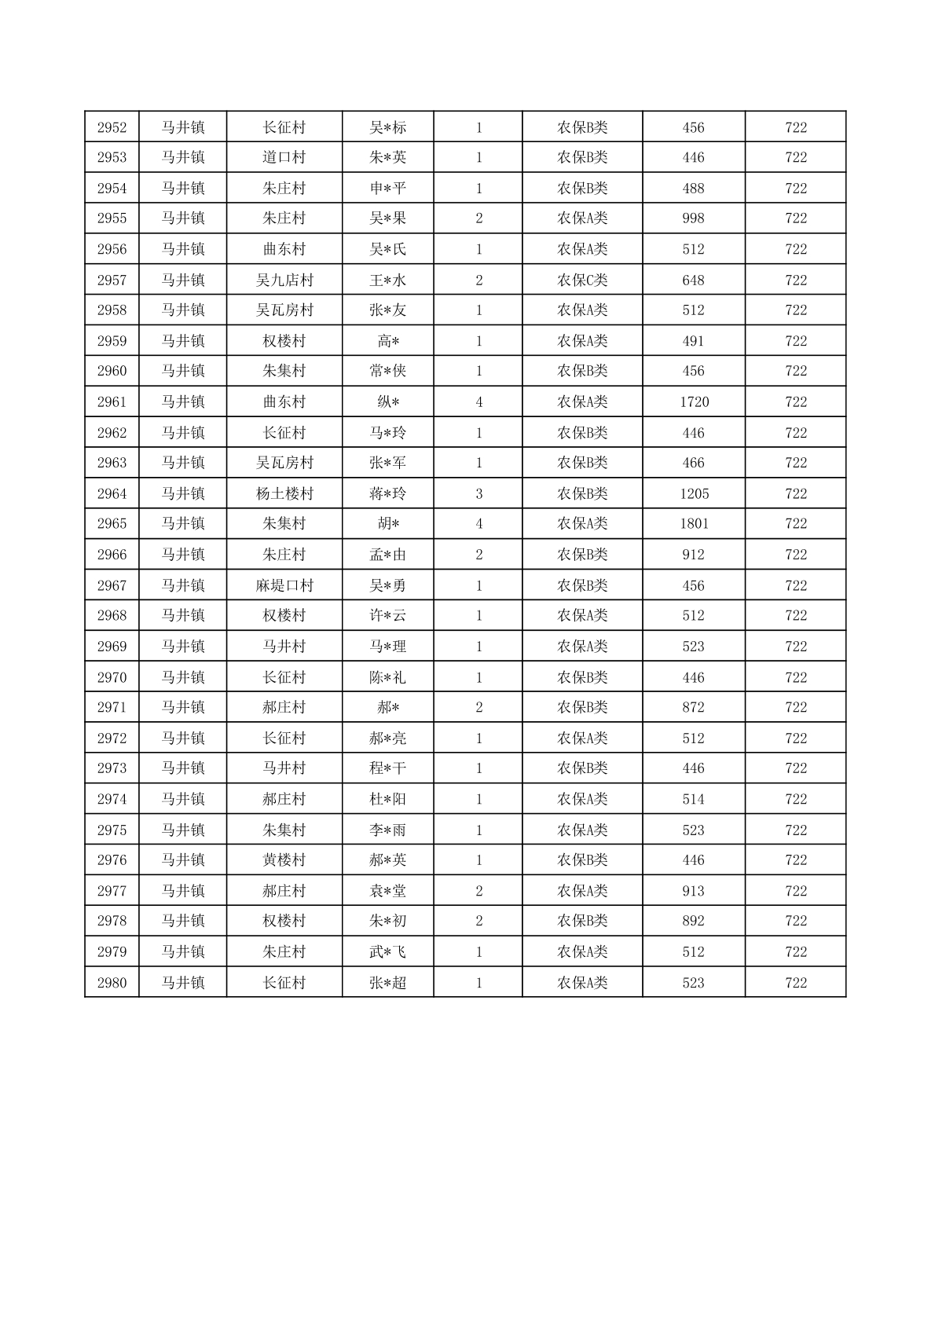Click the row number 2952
112,127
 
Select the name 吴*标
388,127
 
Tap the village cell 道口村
284,157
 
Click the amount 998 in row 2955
693,218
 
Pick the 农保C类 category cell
582,280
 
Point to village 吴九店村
284,280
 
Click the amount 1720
694,402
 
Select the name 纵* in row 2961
388,402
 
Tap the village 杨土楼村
284,493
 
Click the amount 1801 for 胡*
694,524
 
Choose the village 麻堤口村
284,585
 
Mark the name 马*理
388,647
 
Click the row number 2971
112,707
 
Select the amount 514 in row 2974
693,799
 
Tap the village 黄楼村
284,860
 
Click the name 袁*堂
388,891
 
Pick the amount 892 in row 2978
693,921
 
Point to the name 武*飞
388,952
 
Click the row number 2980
112,983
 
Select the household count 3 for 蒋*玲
478,493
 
